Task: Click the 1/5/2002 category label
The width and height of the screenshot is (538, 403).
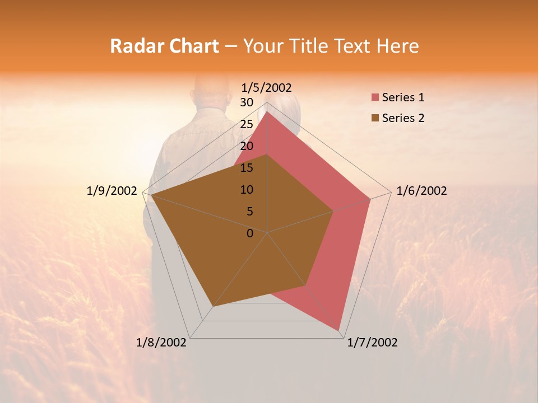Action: click(267, 87)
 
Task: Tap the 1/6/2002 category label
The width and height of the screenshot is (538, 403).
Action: click(421, 191)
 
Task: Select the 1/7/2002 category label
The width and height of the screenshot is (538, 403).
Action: click(372, 343)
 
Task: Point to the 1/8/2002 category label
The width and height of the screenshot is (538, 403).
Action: click(161, 343)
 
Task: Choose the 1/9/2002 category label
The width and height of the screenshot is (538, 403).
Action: click(112, 191)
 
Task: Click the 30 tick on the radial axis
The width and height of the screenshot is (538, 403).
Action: click(247, 102)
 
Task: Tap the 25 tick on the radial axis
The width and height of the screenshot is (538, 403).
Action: click(247, 124)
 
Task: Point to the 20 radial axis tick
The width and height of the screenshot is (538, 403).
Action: click(247, 146)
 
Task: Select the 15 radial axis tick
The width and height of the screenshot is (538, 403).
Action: click(247, 168)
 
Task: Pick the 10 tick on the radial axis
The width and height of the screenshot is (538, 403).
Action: click(247, 190)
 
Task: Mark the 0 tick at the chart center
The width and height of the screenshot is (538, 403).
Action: click(250, 233)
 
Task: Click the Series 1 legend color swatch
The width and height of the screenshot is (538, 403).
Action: click(374, 98)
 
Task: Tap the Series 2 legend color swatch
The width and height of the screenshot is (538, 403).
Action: click(374, 118)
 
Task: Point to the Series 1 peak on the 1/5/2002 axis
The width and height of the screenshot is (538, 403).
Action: click(267, 112)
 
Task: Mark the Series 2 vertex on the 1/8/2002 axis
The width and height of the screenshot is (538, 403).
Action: click(214, 306)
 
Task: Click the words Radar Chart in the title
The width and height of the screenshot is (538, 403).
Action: click(164, 46)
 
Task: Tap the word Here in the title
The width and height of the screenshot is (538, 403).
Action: click(398, 46)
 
